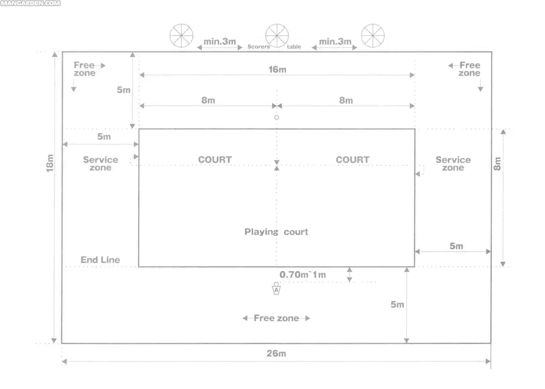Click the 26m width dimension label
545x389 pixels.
[x=276, y=353]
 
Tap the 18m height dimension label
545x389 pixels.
[x=50, y=163]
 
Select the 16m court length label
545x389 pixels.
[x=277, y=69]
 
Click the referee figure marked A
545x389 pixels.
[x=276, y=289]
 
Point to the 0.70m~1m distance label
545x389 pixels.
[x=302, y=275]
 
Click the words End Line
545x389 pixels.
[x=100, y=260]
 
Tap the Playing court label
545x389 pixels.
[x=276, y=232]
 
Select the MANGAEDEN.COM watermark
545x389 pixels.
[x=30, y=3]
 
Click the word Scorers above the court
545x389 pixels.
[x=259, y=46]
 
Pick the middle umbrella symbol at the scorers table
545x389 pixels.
[x=277, y=36]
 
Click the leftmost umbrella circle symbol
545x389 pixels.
[x=181, y=36]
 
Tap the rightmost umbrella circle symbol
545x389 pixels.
[x=373, y=36]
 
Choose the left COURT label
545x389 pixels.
[x=215, y=160]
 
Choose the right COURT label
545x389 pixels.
[x=353, y=160]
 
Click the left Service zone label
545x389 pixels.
[x=101, y=164]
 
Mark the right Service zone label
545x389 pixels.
[x=453, y=164]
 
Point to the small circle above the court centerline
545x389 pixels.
[x=277, y=117]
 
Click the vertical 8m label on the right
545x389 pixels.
[x=498, y=164]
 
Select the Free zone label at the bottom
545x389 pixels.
[x=276, y=318]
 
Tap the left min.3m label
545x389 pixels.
[x=219, y=41]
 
